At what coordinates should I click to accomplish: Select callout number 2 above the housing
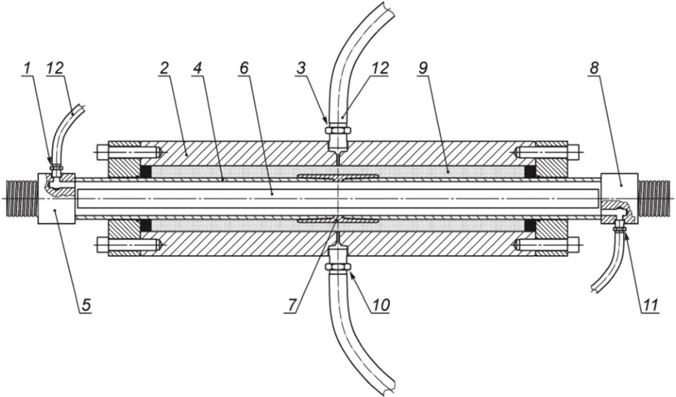tap(164, 69)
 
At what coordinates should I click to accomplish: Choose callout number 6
tap(244, 69)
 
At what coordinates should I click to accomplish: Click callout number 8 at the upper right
tap(594, 69)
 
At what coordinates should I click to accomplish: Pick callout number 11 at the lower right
tap(650, 306)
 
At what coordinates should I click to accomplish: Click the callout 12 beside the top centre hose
tap(379, 69)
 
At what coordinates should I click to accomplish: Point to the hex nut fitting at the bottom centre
tap(338, 266)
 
